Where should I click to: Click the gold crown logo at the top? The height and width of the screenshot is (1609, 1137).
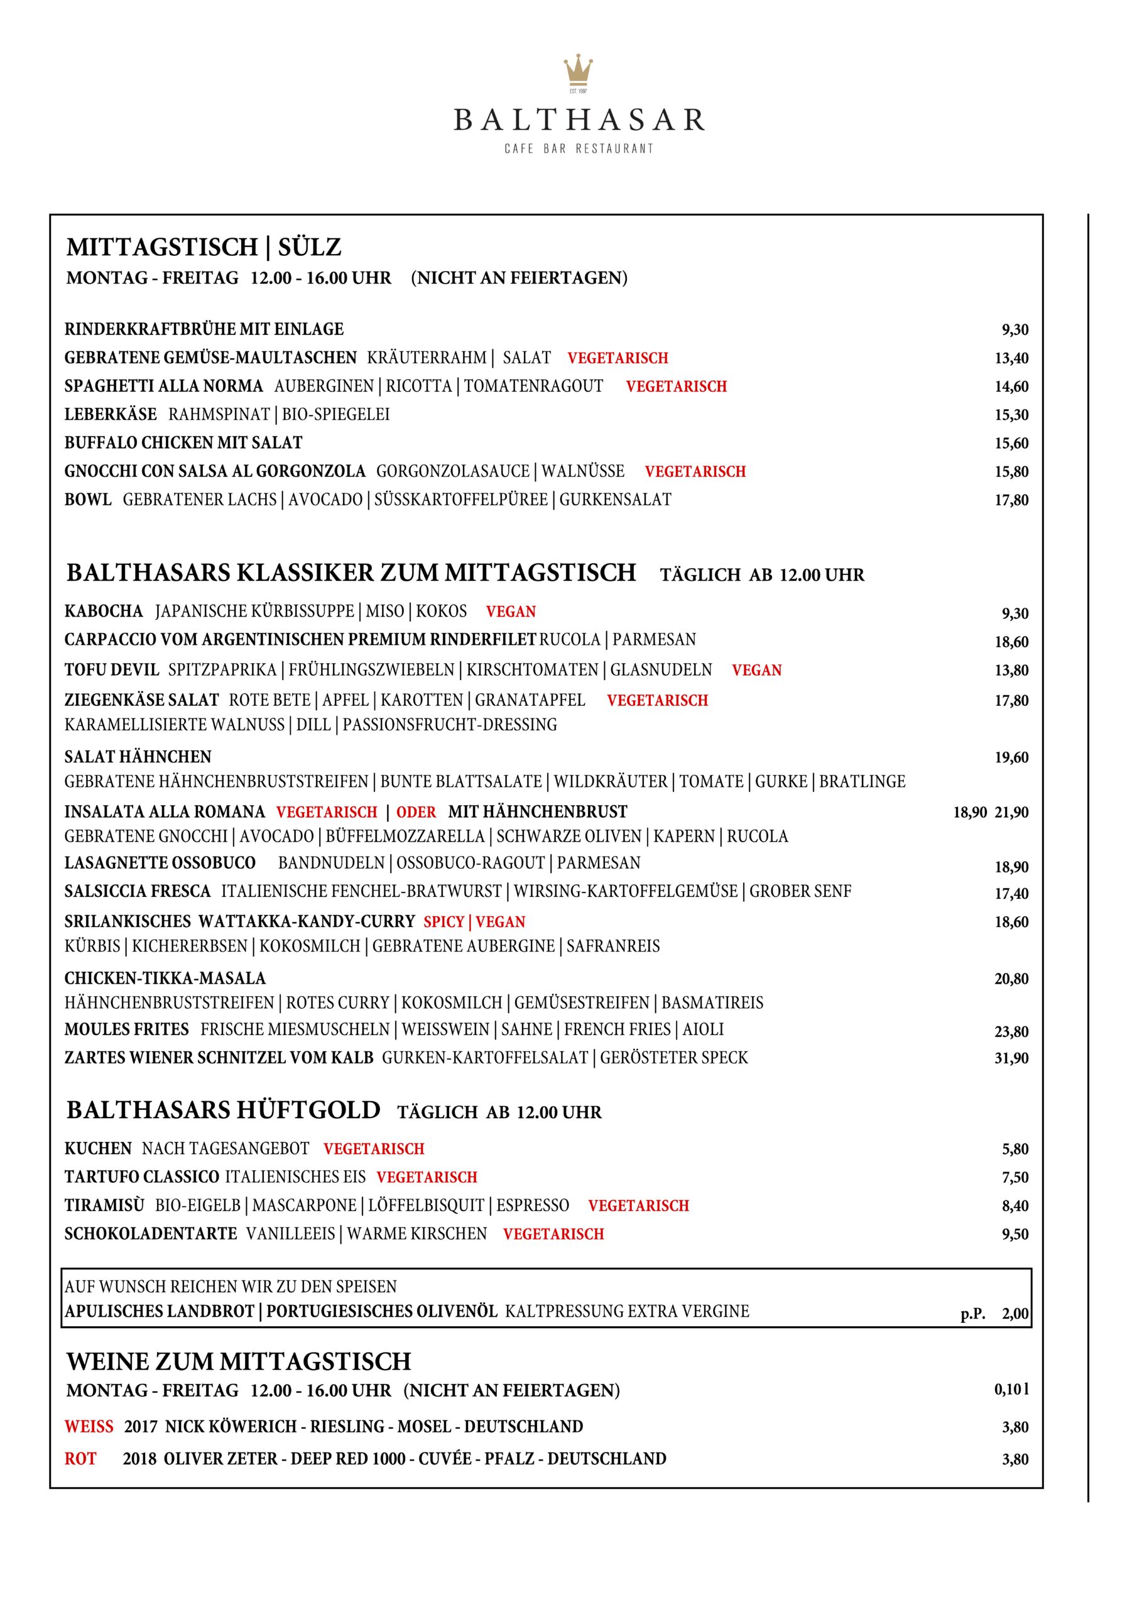tap(578, 71)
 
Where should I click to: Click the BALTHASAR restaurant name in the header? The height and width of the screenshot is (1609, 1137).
tap(579, 120)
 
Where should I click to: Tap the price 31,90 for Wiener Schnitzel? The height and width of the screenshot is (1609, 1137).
tap(1011, 1058)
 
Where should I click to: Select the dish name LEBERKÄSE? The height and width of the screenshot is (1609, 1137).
tap(111, 414)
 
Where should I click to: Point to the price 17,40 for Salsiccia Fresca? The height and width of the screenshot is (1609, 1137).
tap(1011, 894)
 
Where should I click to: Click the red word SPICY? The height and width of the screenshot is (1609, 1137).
tap(443, 921)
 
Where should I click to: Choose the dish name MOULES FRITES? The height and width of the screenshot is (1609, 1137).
tap(127, 1030)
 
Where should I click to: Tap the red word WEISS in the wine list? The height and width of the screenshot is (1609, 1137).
tap(89, 1427)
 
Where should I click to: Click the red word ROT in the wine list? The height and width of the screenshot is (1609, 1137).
tap(80, 1458)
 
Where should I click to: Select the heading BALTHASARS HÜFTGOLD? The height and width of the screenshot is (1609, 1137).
tap(224, 1110)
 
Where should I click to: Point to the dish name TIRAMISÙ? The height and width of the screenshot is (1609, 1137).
tap(104, 1205)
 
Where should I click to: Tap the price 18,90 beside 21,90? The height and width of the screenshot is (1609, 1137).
tap(969, 812)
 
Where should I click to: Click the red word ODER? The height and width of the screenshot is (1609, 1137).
tap(416, 812)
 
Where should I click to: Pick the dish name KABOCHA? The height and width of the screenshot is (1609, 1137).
tap(104, 611)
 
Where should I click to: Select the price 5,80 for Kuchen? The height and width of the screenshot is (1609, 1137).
tap(1015, 1150)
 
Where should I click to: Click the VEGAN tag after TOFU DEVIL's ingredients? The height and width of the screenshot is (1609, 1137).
tap(756, 670)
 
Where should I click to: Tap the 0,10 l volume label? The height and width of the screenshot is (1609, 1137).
tap(1011, 1389)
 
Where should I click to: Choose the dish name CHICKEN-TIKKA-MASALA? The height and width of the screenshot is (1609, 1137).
tap(165, 979)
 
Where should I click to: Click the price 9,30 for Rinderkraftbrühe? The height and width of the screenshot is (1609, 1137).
tap(1015, 329)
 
